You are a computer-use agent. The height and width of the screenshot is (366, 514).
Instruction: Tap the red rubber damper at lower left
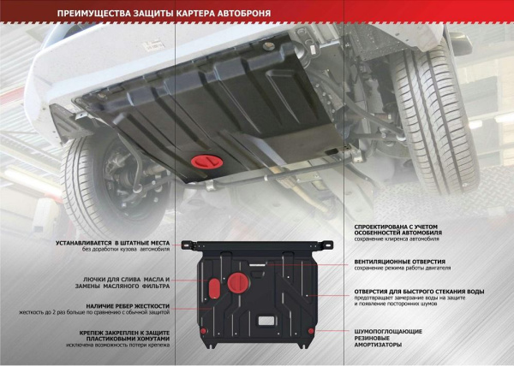(202, 331)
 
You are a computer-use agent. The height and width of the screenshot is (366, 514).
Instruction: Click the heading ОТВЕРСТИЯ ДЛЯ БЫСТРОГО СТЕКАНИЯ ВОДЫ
(420, 291)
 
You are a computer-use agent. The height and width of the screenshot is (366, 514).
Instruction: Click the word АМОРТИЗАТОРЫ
(380, 345)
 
